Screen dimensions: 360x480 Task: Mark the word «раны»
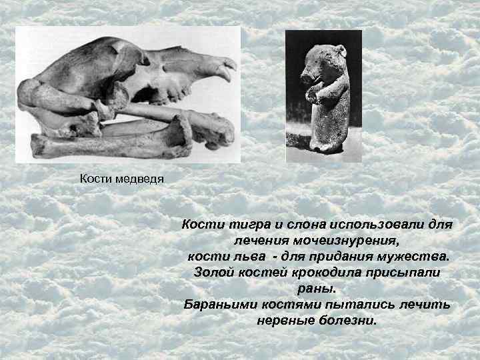316,289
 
